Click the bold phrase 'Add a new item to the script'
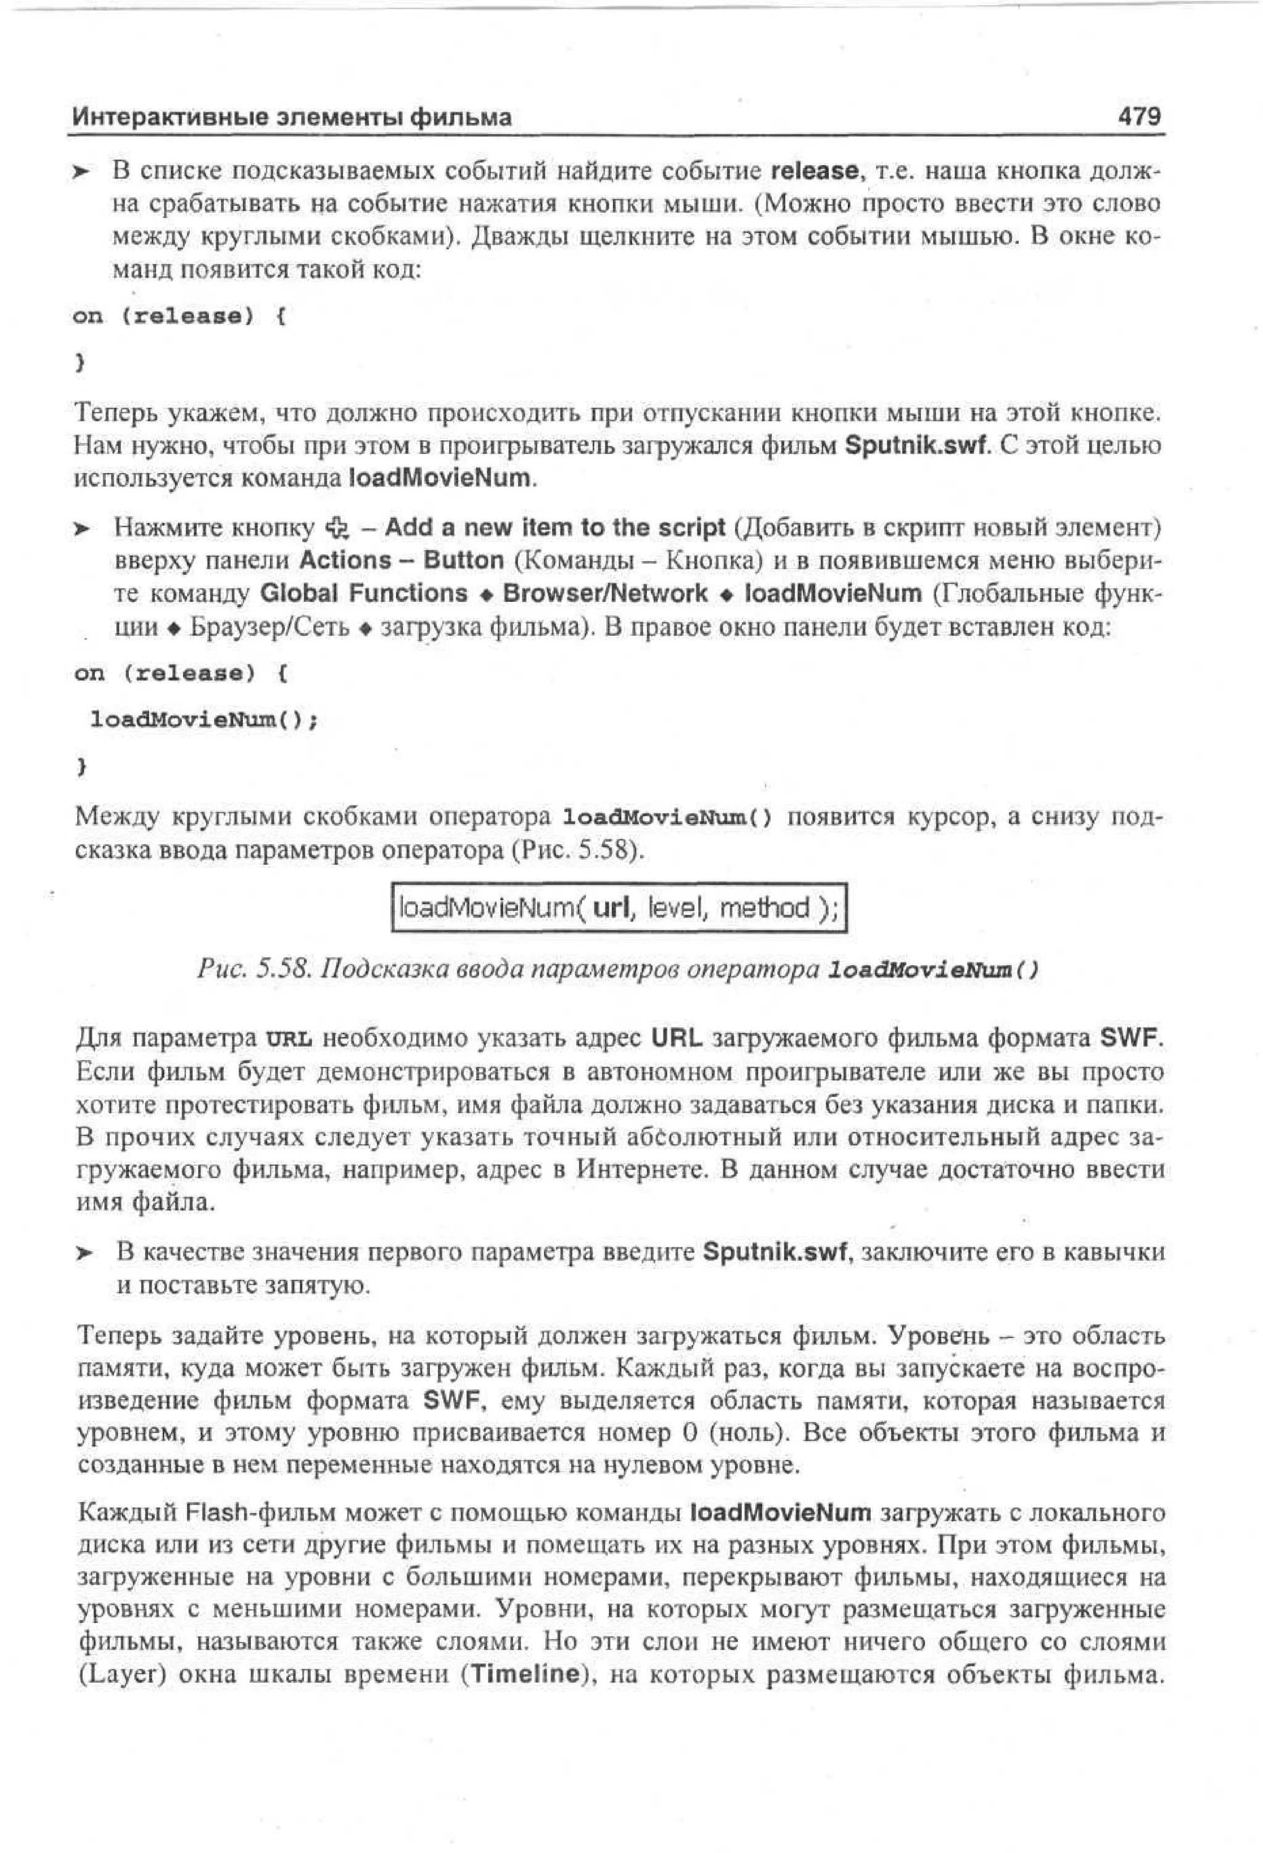[x=555, y=528]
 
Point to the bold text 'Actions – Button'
[x=401, y=561]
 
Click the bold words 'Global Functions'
[x=364, y=593]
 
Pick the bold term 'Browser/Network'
[x=605, y=593]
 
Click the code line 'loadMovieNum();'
[x=204, y=720]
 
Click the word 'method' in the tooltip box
[x=764, y=907]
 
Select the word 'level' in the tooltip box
[x=675, y=907]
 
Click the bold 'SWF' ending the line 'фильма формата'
[x=1128, y=1038]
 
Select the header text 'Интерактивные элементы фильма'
[x=292, y=118]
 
